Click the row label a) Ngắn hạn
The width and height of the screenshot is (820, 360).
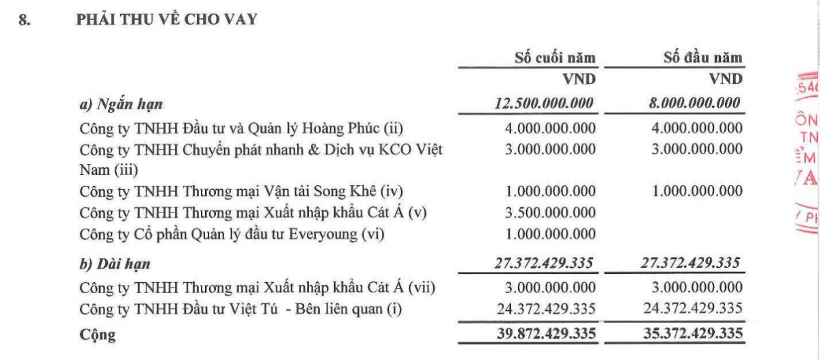(x=122, y=105)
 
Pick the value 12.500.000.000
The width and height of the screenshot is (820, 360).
(x=544, y=104)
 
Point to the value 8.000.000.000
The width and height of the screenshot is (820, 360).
(x=693, y=104)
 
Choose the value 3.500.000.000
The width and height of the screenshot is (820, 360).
(x=551, y=212)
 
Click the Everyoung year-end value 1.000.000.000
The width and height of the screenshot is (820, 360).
(x=551, y=234)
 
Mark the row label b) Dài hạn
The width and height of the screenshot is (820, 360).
(x=115, y=264)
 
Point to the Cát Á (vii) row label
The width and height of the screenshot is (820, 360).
(x=257, y=288)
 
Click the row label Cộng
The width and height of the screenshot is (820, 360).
(x=98, y=335)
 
